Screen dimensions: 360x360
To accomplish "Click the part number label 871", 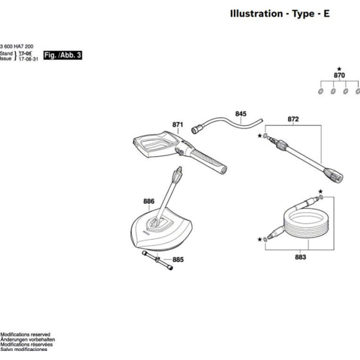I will pyautogui.click(x=178, y=125).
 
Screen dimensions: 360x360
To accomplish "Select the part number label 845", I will pyautogui.click(x=240, y=114).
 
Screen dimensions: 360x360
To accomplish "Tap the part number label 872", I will pyautogui.click(x=293, y=120).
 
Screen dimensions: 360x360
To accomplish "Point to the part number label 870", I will pyautogui.click(x=339, y=76).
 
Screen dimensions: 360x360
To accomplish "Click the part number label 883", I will pyautogui.click(x=300, y=257).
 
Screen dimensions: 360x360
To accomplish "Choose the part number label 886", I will pyautogui.click(x=148, y=201).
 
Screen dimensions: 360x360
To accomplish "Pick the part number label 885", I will pyautogui.click(x=178, y=260).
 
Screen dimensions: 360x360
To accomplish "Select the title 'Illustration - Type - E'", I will pyautogui.click(x=280, y=14).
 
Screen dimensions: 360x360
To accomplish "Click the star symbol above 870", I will pyautogui.click(x=339, y=68).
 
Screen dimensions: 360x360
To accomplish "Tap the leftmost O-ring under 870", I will pyautogui.click(x=320, y=91).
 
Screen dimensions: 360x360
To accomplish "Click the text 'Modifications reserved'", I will pyautogui.click(x=25, y=335).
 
